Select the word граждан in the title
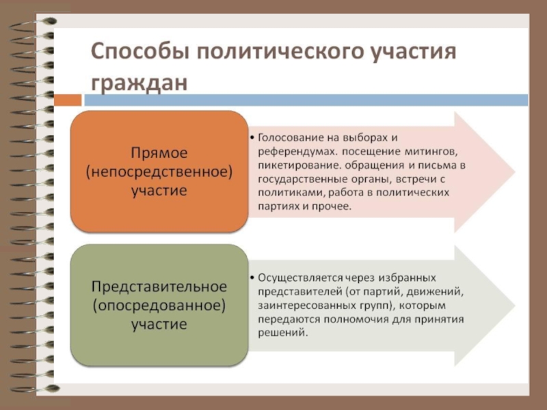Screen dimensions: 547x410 coord(139,83)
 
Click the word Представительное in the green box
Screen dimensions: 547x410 coord(159,285)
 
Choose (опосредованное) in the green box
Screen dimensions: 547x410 coord(159,304)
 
